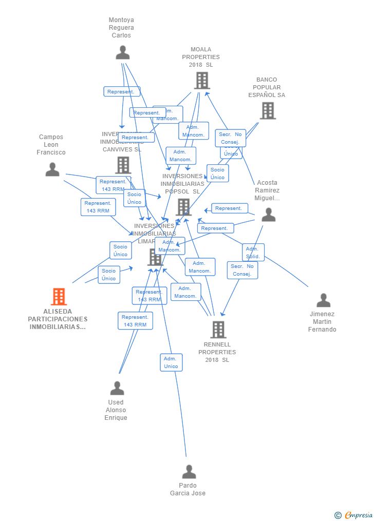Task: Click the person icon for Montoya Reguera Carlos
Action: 122,53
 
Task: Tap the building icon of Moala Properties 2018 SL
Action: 201,81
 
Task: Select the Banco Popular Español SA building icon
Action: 267,110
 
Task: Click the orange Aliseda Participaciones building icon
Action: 59,297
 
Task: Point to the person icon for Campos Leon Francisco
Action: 52,169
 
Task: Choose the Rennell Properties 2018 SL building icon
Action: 218,330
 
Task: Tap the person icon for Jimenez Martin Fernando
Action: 323,300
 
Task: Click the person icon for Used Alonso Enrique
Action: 117,389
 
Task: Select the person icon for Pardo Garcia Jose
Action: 189,472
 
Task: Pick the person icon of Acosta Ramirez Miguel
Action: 268,215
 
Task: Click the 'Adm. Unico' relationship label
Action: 171,362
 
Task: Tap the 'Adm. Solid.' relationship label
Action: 253,253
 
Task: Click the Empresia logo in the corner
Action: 353,515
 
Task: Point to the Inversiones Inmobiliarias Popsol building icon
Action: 183,207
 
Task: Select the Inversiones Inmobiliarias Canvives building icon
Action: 123,165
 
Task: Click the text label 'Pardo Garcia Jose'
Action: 188,489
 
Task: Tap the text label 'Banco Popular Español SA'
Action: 267,87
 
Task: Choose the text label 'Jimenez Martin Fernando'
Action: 322,322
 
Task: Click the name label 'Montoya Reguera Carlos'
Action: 121,28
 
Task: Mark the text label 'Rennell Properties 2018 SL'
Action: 217,352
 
